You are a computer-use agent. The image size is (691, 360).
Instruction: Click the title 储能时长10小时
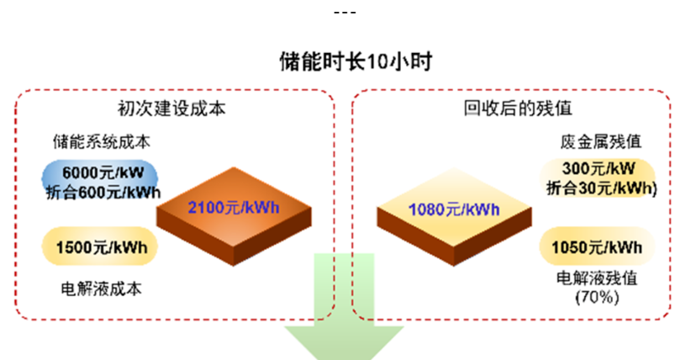(x=345, y=61)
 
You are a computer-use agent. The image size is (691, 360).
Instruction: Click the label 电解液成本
(x=100, y=289)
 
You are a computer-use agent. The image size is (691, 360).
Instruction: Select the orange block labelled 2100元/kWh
(x=233, y=209)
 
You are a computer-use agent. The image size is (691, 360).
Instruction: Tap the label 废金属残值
(x=594, y=140)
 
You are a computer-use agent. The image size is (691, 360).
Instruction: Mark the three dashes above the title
(x=345, y=13)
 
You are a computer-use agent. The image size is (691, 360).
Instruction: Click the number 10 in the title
(x=376, y=61)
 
